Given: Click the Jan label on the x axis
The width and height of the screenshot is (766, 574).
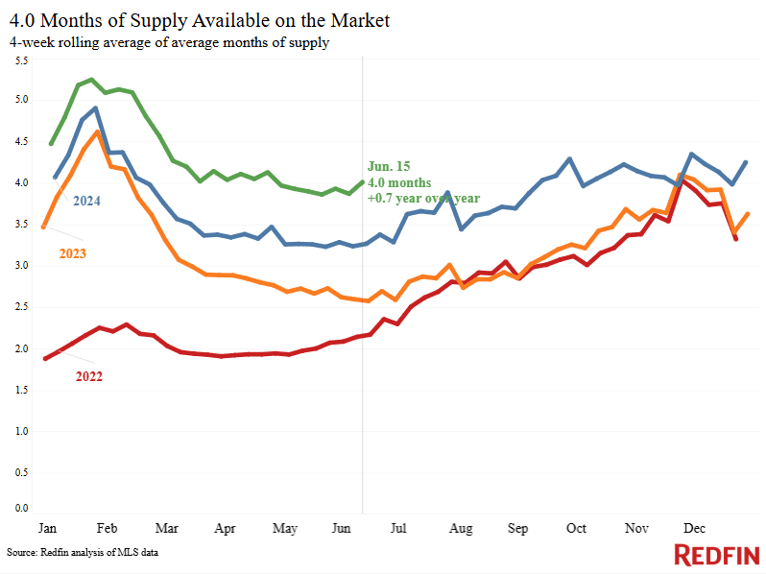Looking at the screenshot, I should click(x=46, y=529).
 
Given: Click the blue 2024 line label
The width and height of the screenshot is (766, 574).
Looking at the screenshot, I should click(x=85, y=201).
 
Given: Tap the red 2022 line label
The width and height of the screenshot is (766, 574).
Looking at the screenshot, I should click(x=88, y=376).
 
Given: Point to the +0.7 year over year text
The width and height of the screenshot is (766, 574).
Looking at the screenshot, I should click(x=423, y=199).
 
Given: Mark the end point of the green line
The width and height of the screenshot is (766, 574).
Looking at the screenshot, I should click(x=362, y=181).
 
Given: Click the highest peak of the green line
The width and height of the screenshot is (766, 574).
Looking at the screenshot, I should click(x=91, y=80).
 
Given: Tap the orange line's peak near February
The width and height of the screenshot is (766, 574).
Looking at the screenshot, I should click(x=97, y=132).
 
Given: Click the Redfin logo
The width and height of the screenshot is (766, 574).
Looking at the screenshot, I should click(x=716, y=555).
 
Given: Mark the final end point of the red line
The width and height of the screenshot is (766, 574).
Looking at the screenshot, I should click(x=736, y=239).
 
